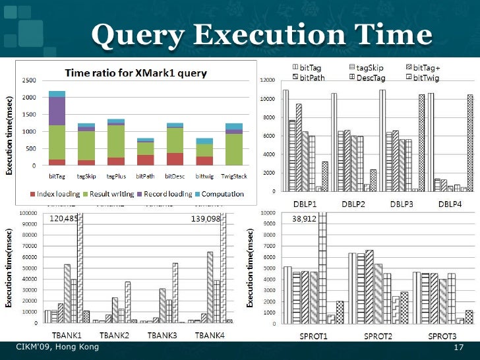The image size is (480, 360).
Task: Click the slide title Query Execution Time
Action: (261, 34)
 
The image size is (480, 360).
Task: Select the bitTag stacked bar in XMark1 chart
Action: (57, 129)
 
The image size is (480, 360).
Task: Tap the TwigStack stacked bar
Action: (234, 144)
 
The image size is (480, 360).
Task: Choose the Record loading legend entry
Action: (170, 194)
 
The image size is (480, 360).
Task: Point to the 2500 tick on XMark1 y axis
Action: (29, 80)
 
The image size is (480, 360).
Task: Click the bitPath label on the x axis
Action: (146, 176)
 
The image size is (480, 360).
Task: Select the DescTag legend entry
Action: (369, 78)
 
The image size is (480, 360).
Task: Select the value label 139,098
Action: (205, 218)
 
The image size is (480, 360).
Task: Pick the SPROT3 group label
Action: (442, 336)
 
